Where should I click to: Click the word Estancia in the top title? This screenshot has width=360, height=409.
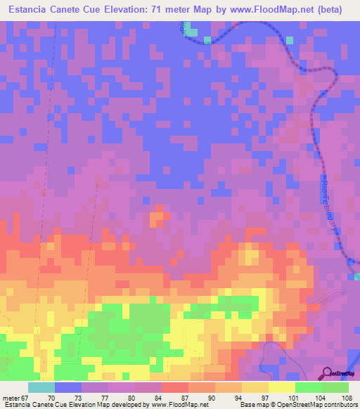point(29,11)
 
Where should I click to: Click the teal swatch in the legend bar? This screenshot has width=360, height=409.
point(41,388)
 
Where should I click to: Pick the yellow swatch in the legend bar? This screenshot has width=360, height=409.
point(282,388)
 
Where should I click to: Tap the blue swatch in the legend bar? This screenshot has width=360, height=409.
point(68,388)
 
